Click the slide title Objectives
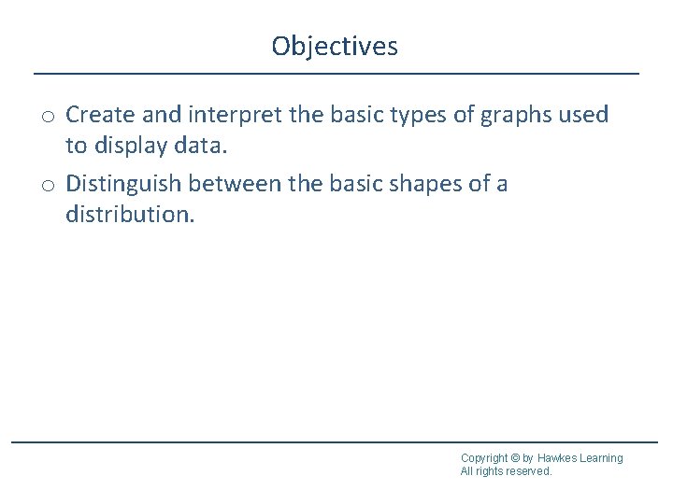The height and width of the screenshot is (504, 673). (x=335, y=46)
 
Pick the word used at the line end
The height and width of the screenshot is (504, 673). (x=586, y=115)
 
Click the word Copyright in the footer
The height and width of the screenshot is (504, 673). (x=484, y=458)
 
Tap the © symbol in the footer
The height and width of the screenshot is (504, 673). (x=516, y=458)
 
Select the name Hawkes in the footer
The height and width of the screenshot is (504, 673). (x=557, y=458)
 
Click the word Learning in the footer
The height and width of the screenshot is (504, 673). (x=601, y=458)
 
